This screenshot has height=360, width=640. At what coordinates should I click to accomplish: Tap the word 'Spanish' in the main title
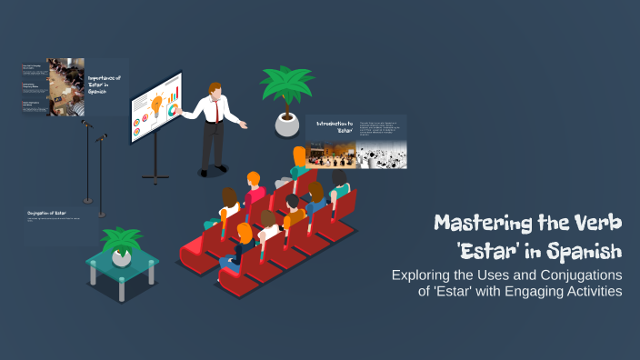click(583, 248)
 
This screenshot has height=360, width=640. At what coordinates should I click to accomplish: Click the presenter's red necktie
click(215, 111)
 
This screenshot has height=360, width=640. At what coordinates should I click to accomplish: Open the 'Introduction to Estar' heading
click(335, 126)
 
